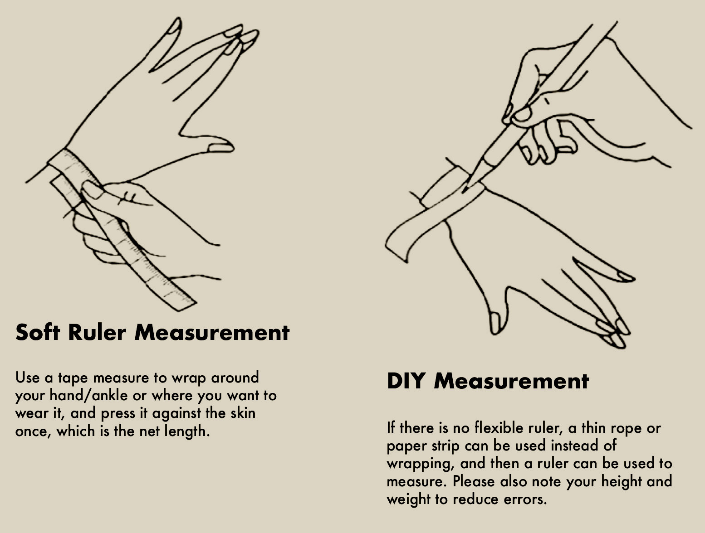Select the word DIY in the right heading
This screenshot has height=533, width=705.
click(406, 381)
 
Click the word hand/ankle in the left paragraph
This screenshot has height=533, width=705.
click(88, 395)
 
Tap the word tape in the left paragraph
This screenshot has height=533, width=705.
click(73, 378)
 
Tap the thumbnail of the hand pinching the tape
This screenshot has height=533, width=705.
click(91, 190)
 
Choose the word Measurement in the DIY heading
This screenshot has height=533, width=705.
click(511, 381)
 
